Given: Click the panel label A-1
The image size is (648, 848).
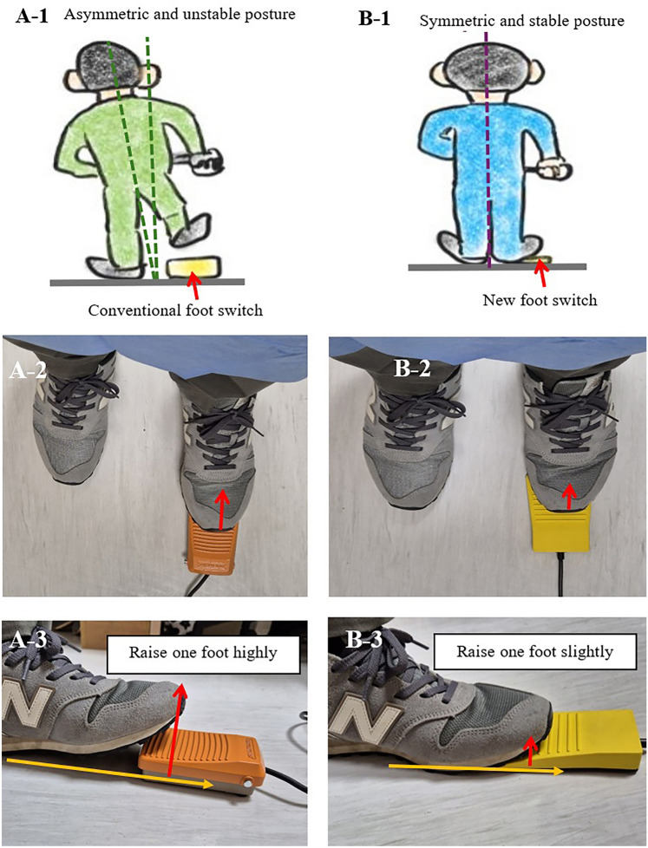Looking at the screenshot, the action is tap(32, 16).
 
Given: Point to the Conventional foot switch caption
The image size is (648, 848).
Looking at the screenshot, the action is tap(175, 310).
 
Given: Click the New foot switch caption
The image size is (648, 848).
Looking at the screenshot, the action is tap(540, 300).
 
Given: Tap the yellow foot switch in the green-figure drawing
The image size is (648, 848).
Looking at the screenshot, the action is tap(193, 266).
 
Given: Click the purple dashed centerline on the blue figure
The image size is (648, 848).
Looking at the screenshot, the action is tap(488, 149).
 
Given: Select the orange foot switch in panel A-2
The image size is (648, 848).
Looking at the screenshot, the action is tap(212, 544).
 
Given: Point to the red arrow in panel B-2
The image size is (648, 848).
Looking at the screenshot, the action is tap(567, 497).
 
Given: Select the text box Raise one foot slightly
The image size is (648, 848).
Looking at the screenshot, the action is tap(535, 652).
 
